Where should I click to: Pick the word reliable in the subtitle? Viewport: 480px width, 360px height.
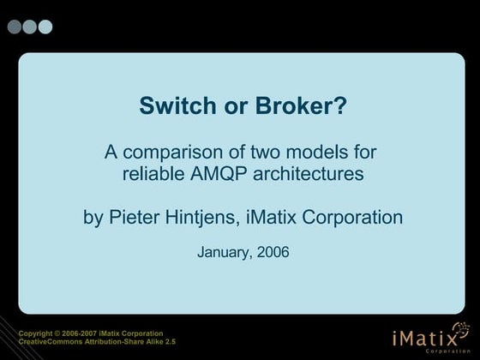coord(151,175)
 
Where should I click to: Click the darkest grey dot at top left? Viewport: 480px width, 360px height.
coord(15,27)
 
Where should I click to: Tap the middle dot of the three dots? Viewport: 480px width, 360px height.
coord(30,27)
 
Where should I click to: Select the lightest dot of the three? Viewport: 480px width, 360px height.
coord(45,27)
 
